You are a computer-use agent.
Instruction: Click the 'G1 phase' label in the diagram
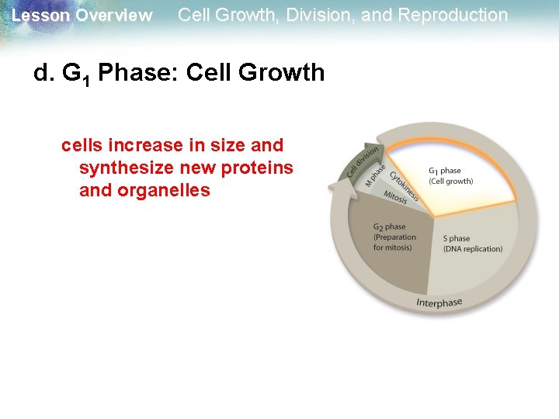[x=444, y=171]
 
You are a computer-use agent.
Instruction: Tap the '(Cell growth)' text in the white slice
[x=450, y=182]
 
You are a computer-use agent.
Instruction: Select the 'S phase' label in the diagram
[x=456, y=238]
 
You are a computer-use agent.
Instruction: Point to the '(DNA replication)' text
[x=472, y=249]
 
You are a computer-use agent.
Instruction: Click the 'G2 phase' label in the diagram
[x=389, y=227]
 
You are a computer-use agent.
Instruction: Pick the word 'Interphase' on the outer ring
[x=439, y=303]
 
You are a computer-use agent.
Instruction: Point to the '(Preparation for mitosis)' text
[x=394, y=242]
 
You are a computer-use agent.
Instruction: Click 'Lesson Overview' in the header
[x=82, y=16]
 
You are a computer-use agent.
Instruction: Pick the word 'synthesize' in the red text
[x=122, y=168]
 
